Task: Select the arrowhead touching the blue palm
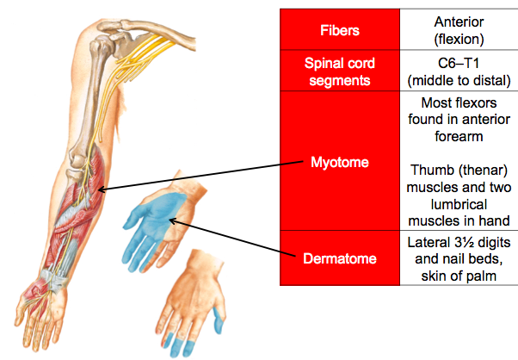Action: (172, 221)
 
